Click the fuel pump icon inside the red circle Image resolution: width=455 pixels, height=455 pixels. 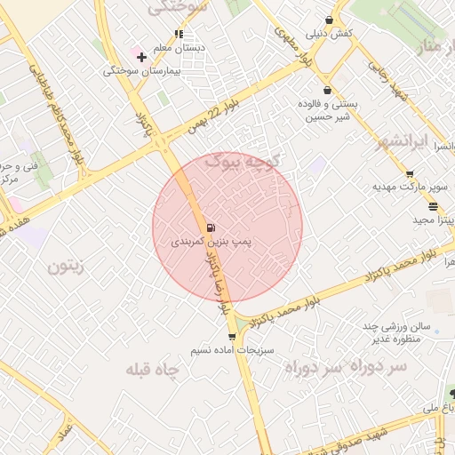click(x=211, y=228)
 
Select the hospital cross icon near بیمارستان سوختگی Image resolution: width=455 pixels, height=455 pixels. click(x=141, y=57)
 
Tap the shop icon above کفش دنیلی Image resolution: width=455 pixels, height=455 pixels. click(x=329, y=20)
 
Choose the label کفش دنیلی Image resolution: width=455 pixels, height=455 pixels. click(x=330, y=34)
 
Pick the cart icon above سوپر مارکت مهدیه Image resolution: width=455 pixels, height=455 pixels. click(x=409, y=174)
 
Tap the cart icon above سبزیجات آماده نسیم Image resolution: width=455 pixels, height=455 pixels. click(x=232, y=337)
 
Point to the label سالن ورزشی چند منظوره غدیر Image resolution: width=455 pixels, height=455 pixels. click(x=395, y=331)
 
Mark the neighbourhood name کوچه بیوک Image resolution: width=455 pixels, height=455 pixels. click(x=243, y=161)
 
